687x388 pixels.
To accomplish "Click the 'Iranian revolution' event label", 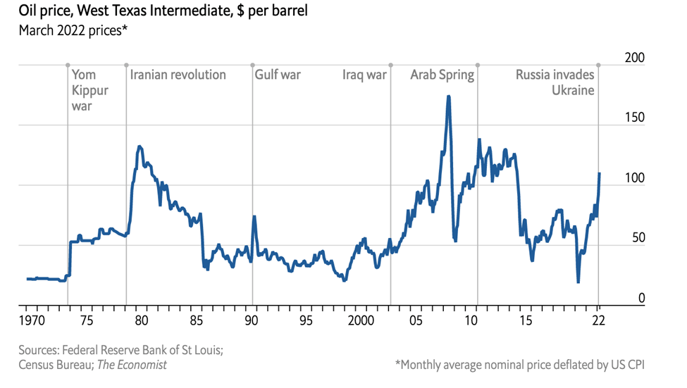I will [x=178, y=75].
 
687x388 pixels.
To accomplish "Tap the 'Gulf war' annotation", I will [x=278, y=75].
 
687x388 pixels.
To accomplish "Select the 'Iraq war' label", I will [x=364, y=75].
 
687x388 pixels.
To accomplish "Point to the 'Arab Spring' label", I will [x=442, y=75].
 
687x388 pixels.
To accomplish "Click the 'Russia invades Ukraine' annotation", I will [x=555, y=82].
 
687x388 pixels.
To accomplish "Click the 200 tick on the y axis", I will [x=635, y=58].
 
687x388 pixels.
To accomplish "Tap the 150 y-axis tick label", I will [x=635, y=118].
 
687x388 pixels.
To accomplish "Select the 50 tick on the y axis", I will [x=638, y=238].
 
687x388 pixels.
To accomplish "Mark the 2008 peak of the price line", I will [x=448, y=97].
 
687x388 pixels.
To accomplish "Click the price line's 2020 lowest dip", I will [x=578, y=282].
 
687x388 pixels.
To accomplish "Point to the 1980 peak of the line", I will [x=140, y=146].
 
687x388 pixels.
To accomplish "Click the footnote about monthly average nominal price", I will [x=520, y=365].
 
